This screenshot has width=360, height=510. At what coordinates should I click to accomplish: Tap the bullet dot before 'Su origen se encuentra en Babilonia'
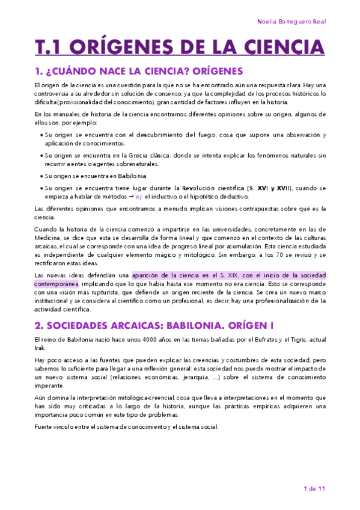[40, 176]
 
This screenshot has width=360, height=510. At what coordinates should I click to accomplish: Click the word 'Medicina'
[49, 237]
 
